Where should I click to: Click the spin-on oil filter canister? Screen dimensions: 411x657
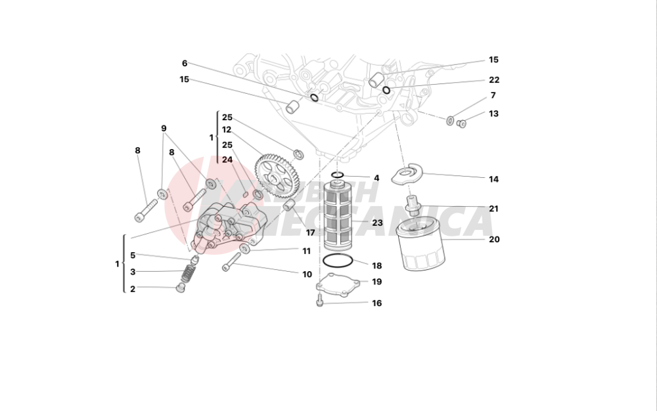pos(422,244)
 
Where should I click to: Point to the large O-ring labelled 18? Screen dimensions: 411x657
pos(339,261)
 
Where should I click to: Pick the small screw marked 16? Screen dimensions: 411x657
pos(319,301)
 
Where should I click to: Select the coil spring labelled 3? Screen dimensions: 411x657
pos(189,271)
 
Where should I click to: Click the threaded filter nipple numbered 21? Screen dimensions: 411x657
pos(413,206)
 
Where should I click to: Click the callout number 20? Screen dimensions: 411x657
pos(494,240)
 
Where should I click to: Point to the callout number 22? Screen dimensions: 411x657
pos(494,80)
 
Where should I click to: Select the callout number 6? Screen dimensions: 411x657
pos(185,64)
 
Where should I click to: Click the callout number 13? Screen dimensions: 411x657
pos(493,114)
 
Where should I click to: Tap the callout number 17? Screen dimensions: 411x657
pos(310,232)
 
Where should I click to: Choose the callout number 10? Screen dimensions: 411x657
pos(307,274)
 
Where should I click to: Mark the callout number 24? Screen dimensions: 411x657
pos(227,159)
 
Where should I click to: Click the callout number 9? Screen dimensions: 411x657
pos(164,129)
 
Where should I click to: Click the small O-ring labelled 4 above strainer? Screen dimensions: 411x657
pos(338,175)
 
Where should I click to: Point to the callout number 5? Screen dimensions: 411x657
pos(133,255)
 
